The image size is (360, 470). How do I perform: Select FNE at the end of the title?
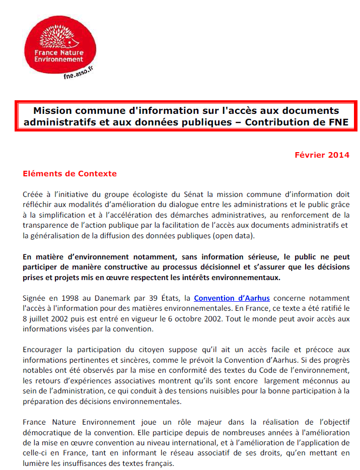(338, 122)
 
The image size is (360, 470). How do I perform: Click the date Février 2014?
(322, 155)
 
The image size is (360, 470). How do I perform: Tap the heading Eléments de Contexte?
(69, 174)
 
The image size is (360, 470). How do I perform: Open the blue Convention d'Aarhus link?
(232, 298)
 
